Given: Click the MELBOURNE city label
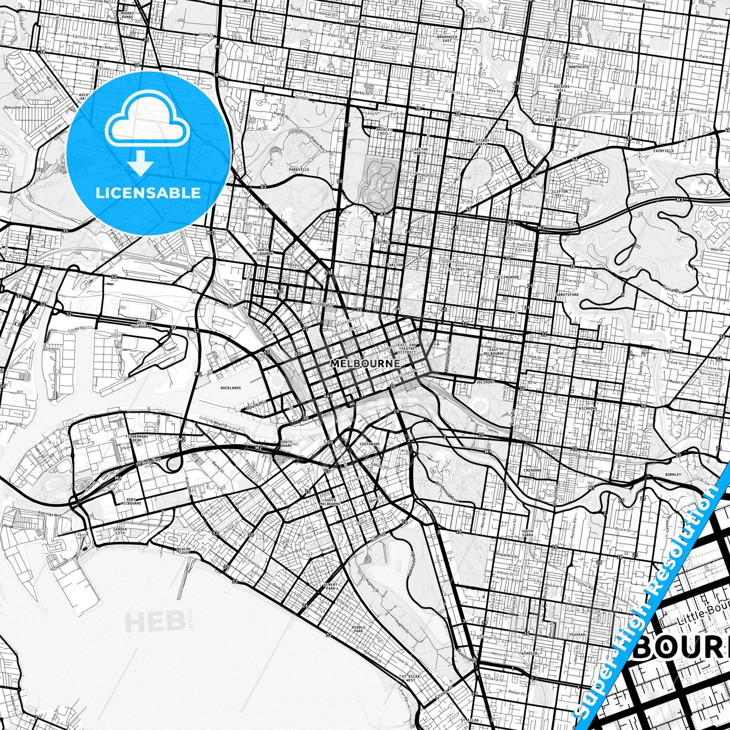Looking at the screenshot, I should click(x=365, y=363).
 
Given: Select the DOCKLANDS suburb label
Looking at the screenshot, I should click(x=231, y=388).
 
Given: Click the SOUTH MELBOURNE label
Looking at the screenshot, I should click(x=329, y=502).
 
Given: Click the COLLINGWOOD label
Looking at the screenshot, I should click(x=507, y=277).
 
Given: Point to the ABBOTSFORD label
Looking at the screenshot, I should click(x=566, y=294).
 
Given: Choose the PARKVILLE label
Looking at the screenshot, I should click(x=299, y=170).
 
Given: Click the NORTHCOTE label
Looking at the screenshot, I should click(x=578, y=67).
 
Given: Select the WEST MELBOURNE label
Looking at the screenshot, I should click(x=141, y=324).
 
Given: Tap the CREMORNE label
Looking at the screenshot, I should click(x=532, y=470).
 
